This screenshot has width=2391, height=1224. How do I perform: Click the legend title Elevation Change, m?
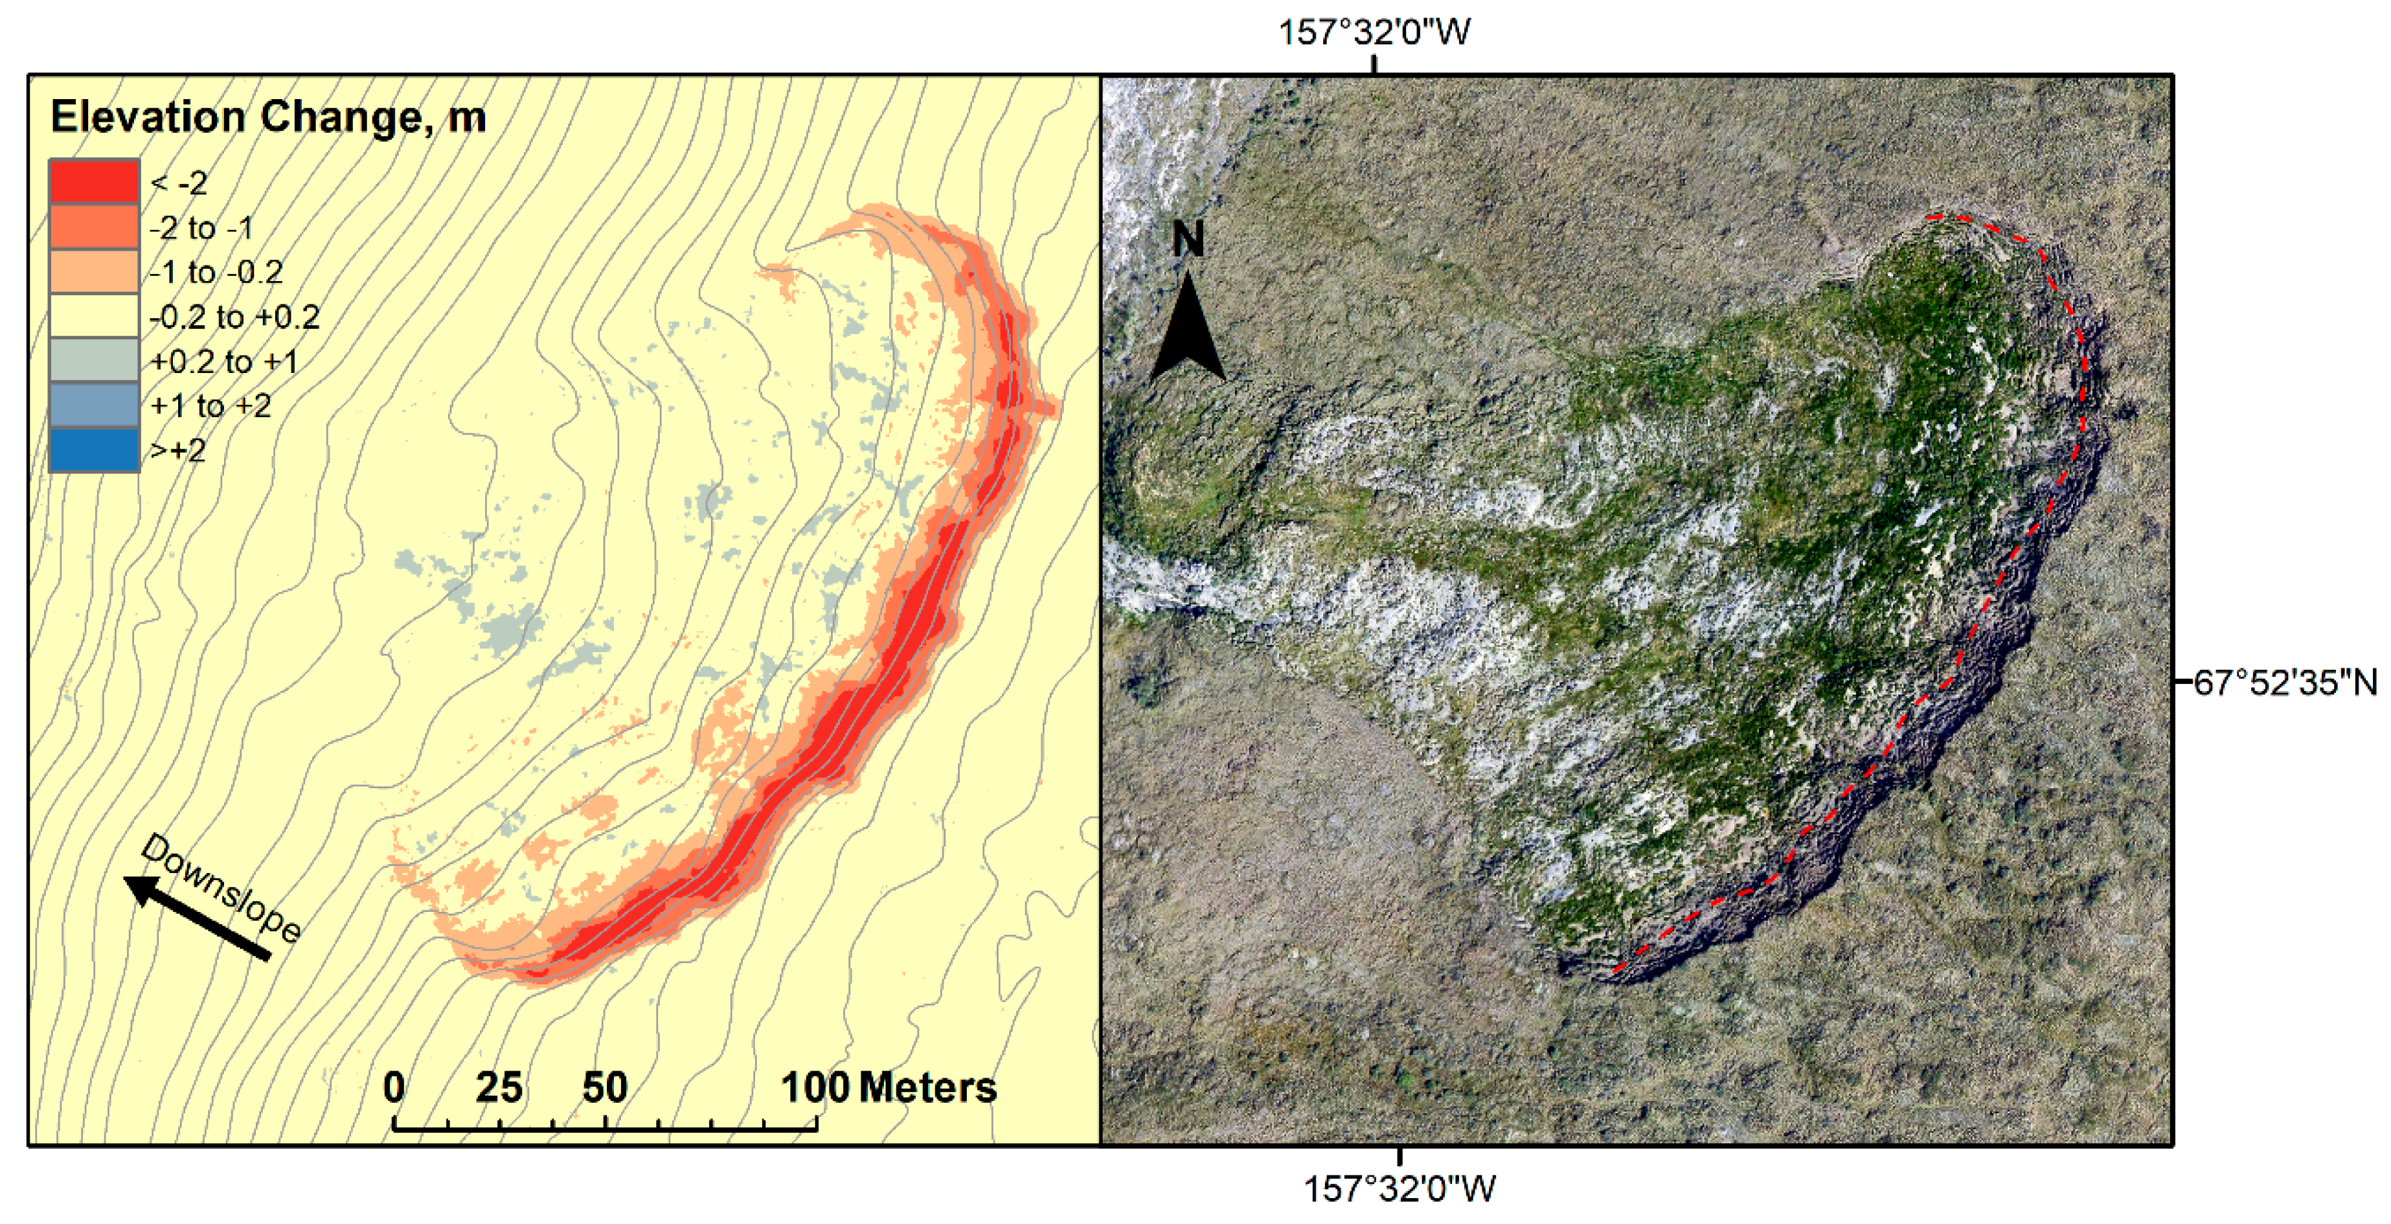click(x=267, y=117)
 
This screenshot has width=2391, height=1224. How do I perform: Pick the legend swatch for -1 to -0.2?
click(x=94, y=271)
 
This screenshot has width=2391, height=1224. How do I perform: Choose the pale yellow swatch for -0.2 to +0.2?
click(x=94, y=315)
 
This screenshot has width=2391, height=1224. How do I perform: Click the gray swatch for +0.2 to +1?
click(x=94, y=360)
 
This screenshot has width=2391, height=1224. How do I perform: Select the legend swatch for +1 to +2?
click(x=94, y=405)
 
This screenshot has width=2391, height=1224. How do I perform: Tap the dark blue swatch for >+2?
click(x=94, y=450)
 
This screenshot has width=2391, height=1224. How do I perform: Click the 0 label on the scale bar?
click(x=394, y=1087)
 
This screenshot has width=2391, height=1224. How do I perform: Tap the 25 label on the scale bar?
click(x=499, y=1087)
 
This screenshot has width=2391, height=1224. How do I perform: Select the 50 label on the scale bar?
click(x=605, y=1087)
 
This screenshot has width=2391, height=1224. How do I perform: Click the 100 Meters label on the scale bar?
click(x=889, y=1087)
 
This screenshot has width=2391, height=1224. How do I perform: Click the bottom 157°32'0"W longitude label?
click(x=1399, y=1189)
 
